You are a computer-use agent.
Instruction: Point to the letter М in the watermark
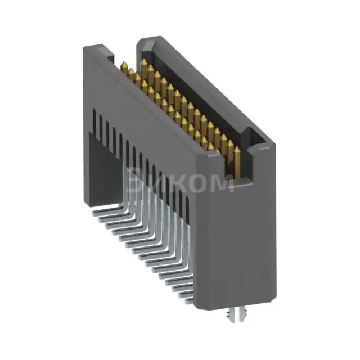coord(223,182)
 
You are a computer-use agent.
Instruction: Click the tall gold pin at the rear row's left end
coord(144,63)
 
